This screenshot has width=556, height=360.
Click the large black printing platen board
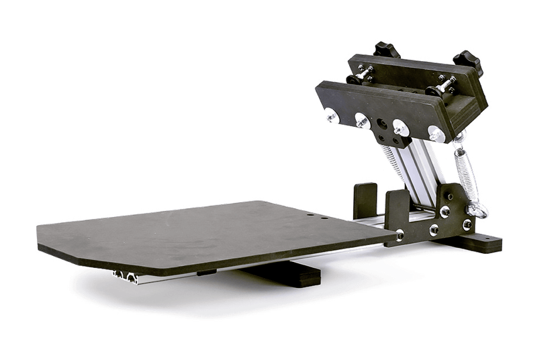[201, 232]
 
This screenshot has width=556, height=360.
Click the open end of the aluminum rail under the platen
[125, 276]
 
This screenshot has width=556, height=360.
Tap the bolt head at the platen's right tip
[401, 236]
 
